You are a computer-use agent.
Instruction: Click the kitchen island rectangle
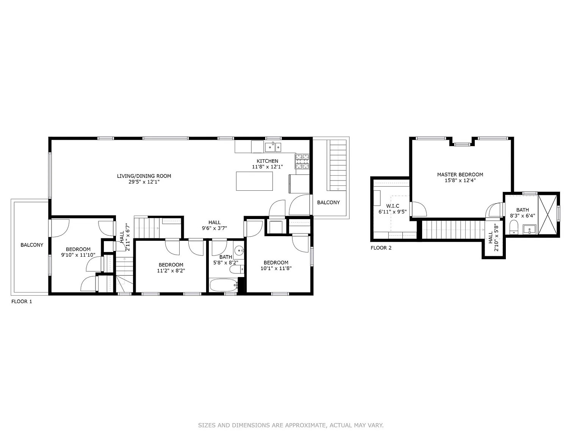(x=254, y=181)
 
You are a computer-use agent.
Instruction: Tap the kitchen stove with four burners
(x=302, y=161)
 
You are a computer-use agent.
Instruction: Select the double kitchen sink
(x=273, y=147)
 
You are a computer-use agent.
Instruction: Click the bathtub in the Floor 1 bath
(x=223, y=285)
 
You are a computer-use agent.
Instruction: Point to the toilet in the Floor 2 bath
(x=514, y=227)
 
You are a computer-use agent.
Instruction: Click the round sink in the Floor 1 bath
(x=239, y=251)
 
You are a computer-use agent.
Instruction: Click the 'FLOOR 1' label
(x=22, y=302)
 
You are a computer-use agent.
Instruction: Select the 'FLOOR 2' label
(x=381, y=248)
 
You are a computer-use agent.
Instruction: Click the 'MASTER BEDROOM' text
(x=460, y=174)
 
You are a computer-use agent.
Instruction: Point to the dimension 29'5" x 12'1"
(x=144, y=182)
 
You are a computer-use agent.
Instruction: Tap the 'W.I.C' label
(x=393, y=206)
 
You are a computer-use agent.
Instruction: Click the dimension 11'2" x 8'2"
(x=171, y=271)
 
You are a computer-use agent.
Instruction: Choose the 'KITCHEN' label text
(x=267, y=161)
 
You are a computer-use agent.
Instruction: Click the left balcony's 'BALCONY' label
(x=32, y=245)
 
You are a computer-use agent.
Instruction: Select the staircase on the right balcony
(x=338, y=165)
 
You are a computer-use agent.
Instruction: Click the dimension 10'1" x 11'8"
(x=276, y=268)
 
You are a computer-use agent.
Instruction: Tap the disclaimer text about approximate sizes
(x=291, y=425)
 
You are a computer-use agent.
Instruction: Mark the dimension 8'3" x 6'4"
(x=522, y=216)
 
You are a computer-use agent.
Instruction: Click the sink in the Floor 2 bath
(x=529, y=229)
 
